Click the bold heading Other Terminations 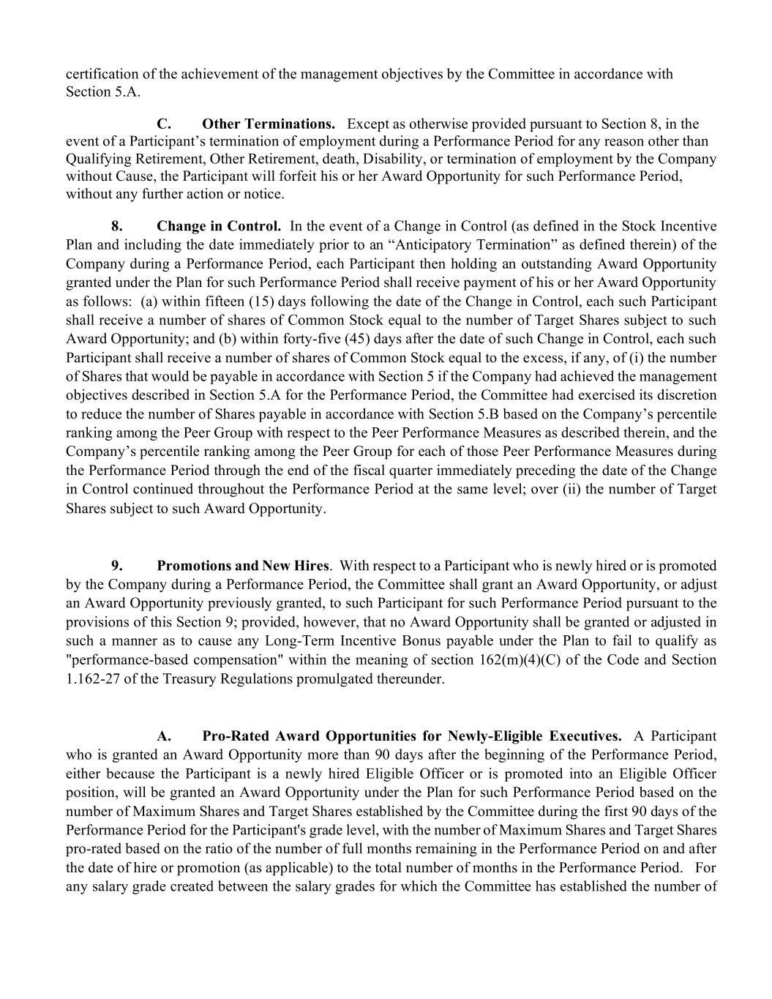click(x=269, y=123)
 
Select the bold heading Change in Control click(x=219, y=225)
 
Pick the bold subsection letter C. click(x=164, y=123)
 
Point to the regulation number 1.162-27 click(x=91, y=678)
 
